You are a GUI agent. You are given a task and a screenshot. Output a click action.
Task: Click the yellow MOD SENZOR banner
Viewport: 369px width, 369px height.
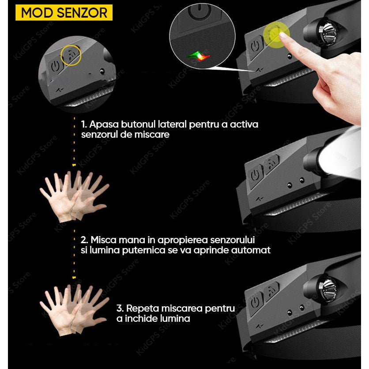click(x=64, y=12)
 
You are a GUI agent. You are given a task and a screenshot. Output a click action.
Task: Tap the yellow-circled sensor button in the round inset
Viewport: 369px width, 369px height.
click(x=72, y=55)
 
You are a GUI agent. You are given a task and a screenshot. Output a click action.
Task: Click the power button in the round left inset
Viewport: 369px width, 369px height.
click(x=56, y=66)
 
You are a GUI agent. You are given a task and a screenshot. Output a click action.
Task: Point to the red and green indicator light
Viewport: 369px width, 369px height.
click(x=198, y=56)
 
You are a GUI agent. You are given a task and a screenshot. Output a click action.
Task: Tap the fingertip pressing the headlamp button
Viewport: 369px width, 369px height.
click(x=283, y=35)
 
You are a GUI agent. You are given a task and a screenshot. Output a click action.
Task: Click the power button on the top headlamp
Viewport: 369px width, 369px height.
click(x=255, y=46)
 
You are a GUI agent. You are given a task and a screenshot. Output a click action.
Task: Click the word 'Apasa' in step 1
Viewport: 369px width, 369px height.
click(x=104, y=124)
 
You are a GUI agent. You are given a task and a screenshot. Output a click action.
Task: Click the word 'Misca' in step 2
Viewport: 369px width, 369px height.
click(x=103, y=240)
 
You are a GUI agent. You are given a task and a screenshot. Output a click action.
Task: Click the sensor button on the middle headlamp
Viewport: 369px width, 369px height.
click(x=272, y=164)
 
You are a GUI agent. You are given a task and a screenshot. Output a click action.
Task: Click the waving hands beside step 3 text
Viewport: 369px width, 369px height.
click(x=74, y=310)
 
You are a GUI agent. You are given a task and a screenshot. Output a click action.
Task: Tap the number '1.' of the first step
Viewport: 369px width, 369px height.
click(x=84, y=124)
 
